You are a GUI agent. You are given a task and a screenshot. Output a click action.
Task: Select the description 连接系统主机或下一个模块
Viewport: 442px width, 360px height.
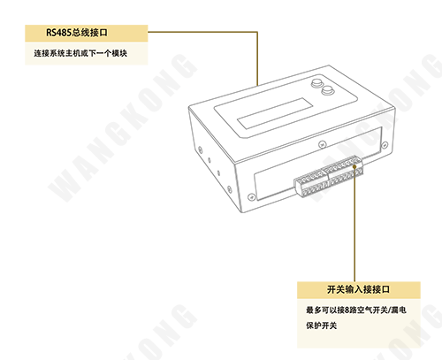point(80,53)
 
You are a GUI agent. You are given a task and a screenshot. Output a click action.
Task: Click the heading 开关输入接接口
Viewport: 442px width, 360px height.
point(358,289)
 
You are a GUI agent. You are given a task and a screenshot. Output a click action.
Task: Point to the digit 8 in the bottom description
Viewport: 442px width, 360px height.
point(347,310)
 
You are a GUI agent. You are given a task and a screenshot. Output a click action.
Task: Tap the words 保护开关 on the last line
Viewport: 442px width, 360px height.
point(321,326)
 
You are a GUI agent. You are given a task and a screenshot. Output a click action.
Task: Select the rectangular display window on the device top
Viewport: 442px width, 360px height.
point(275,113)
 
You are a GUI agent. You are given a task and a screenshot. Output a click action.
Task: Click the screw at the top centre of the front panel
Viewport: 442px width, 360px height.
point(323,144)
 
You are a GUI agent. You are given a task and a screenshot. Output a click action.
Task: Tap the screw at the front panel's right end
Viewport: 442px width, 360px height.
point(385,145)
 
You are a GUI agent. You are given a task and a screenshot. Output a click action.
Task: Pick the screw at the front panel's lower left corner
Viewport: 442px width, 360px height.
point(251,196)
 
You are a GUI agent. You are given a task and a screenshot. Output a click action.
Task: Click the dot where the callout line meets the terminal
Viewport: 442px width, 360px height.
point(354,166)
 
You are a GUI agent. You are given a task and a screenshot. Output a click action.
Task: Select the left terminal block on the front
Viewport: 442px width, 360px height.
point(311,183)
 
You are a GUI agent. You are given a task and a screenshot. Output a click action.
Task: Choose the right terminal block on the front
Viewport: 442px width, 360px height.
point(343,171)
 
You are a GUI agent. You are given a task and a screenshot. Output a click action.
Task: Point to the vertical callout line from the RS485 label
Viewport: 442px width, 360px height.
point(257,58)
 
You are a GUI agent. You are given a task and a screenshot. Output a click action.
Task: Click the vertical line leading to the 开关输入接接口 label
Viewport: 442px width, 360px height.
point(354,225)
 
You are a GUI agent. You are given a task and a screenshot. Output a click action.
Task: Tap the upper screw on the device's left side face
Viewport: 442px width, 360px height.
point(200,149)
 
